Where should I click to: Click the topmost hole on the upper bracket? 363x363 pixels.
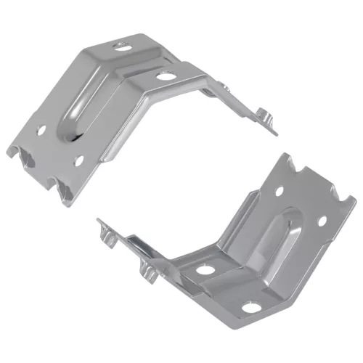121,45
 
